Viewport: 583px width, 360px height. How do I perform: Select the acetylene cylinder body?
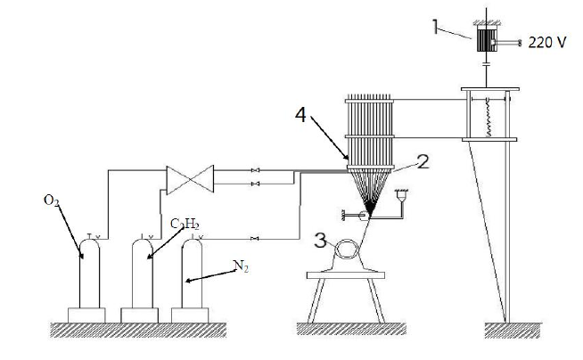143,276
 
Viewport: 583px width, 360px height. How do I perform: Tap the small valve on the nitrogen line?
256,238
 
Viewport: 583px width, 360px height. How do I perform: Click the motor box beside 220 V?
487,41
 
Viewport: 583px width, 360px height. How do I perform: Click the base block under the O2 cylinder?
87,315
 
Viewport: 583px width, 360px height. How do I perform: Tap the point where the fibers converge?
375,214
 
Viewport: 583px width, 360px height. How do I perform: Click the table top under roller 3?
346,274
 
